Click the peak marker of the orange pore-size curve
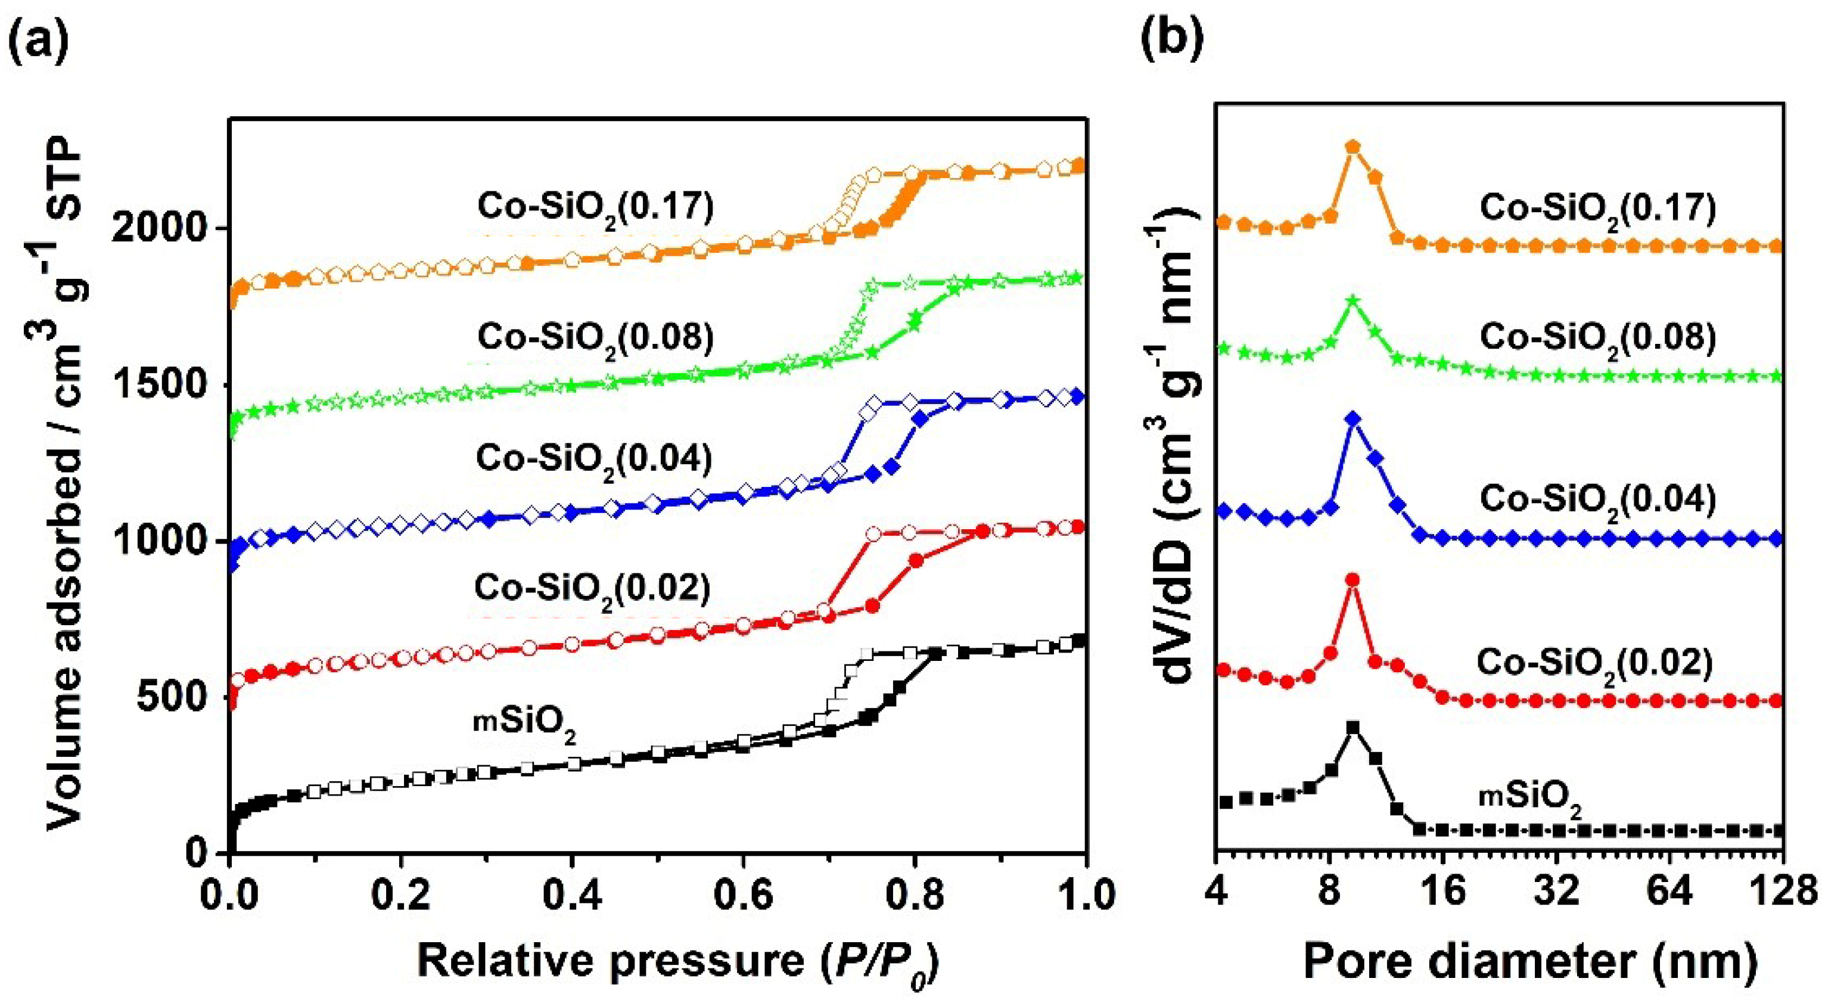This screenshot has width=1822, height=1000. point(1353,147)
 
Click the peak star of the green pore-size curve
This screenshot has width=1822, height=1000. point(1353,300)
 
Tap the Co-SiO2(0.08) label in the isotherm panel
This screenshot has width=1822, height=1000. point(596,338)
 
